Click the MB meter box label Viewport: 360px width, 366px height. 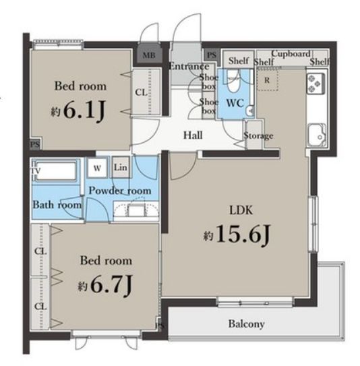coord(149,55)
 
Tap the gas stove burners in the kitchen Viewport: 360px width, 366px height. coord(316,84)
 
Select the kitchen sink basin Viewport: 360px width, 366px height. coord(317,135)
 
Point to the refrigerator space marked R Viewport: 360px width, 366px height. coord(268,80)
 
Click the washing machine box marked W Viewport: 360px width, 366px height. coord(97,168)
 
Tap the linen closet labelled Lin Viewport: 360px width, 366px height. coord(121,167)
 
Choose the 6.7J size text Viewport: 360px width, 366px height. coord(105,284)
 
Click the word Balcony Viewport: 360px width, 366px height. coord(247,324)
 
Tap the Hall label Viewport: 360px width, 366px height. coord(193,135)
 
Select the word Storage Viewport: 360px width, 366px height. coord(258,135)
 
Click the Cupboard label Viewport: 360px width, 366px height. coord(291,54)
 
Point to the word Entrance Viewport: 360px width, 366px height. coord(189,67)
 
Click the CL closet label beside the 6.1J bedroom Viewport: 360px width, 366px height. coord(142,92)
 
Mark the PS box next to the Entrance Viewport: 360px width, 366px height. coord(212,55)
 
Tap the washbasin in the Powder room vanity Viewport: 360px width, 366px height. coord(137,210)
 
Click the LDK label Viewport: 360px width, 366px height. coord(241,210)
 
